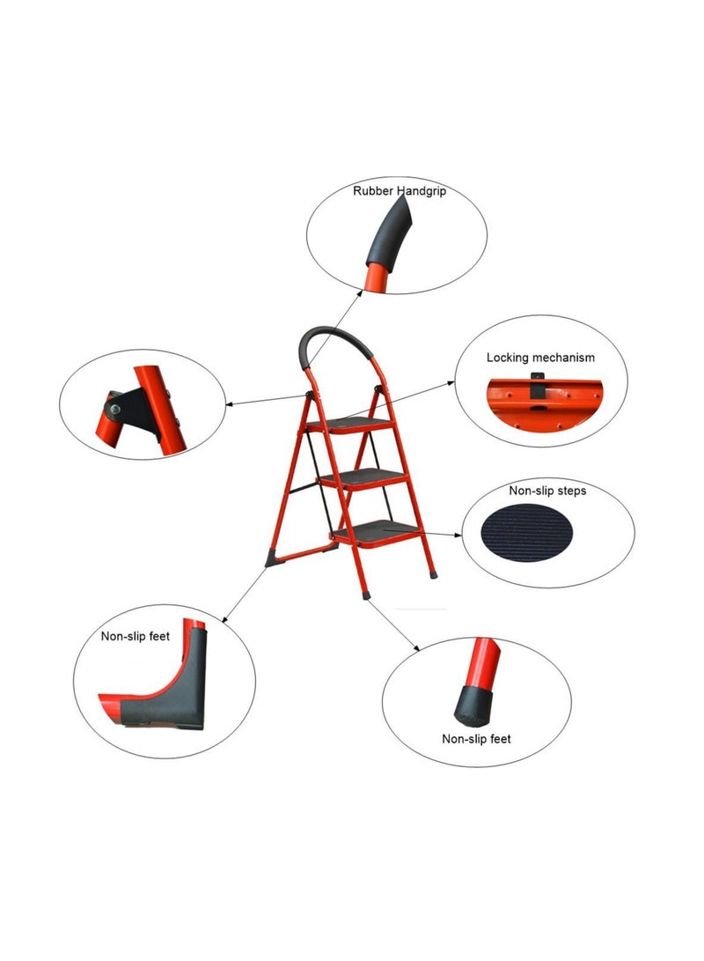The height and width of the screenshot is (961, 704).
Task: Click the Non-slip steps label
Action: tap(547, 490)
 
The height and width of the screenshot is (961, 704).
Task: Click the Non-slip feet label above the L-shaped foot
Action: tap(136, 635)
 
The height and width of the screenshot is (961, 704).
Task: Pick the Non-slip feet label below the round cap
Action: tap(476, 739)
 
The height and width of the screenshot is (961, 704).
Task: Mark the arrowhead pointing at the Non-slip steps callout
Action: tap(459, 534)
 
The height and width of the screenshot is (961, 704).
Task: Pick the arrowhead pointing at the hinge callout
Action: tap(229, 405)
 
